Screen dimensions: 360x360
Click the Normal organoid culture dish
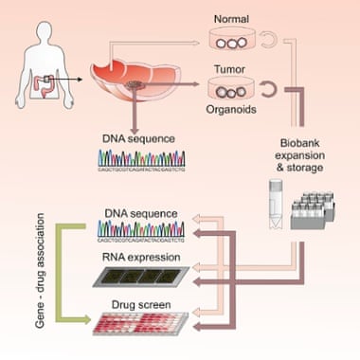pos(230,42)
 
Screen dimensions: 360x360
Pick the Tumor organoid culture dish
pos(229,93)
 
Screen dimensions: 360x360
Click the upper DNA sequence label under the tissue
pos(140,138)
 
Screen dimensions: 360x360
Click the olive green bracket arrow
pos(57,270)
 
